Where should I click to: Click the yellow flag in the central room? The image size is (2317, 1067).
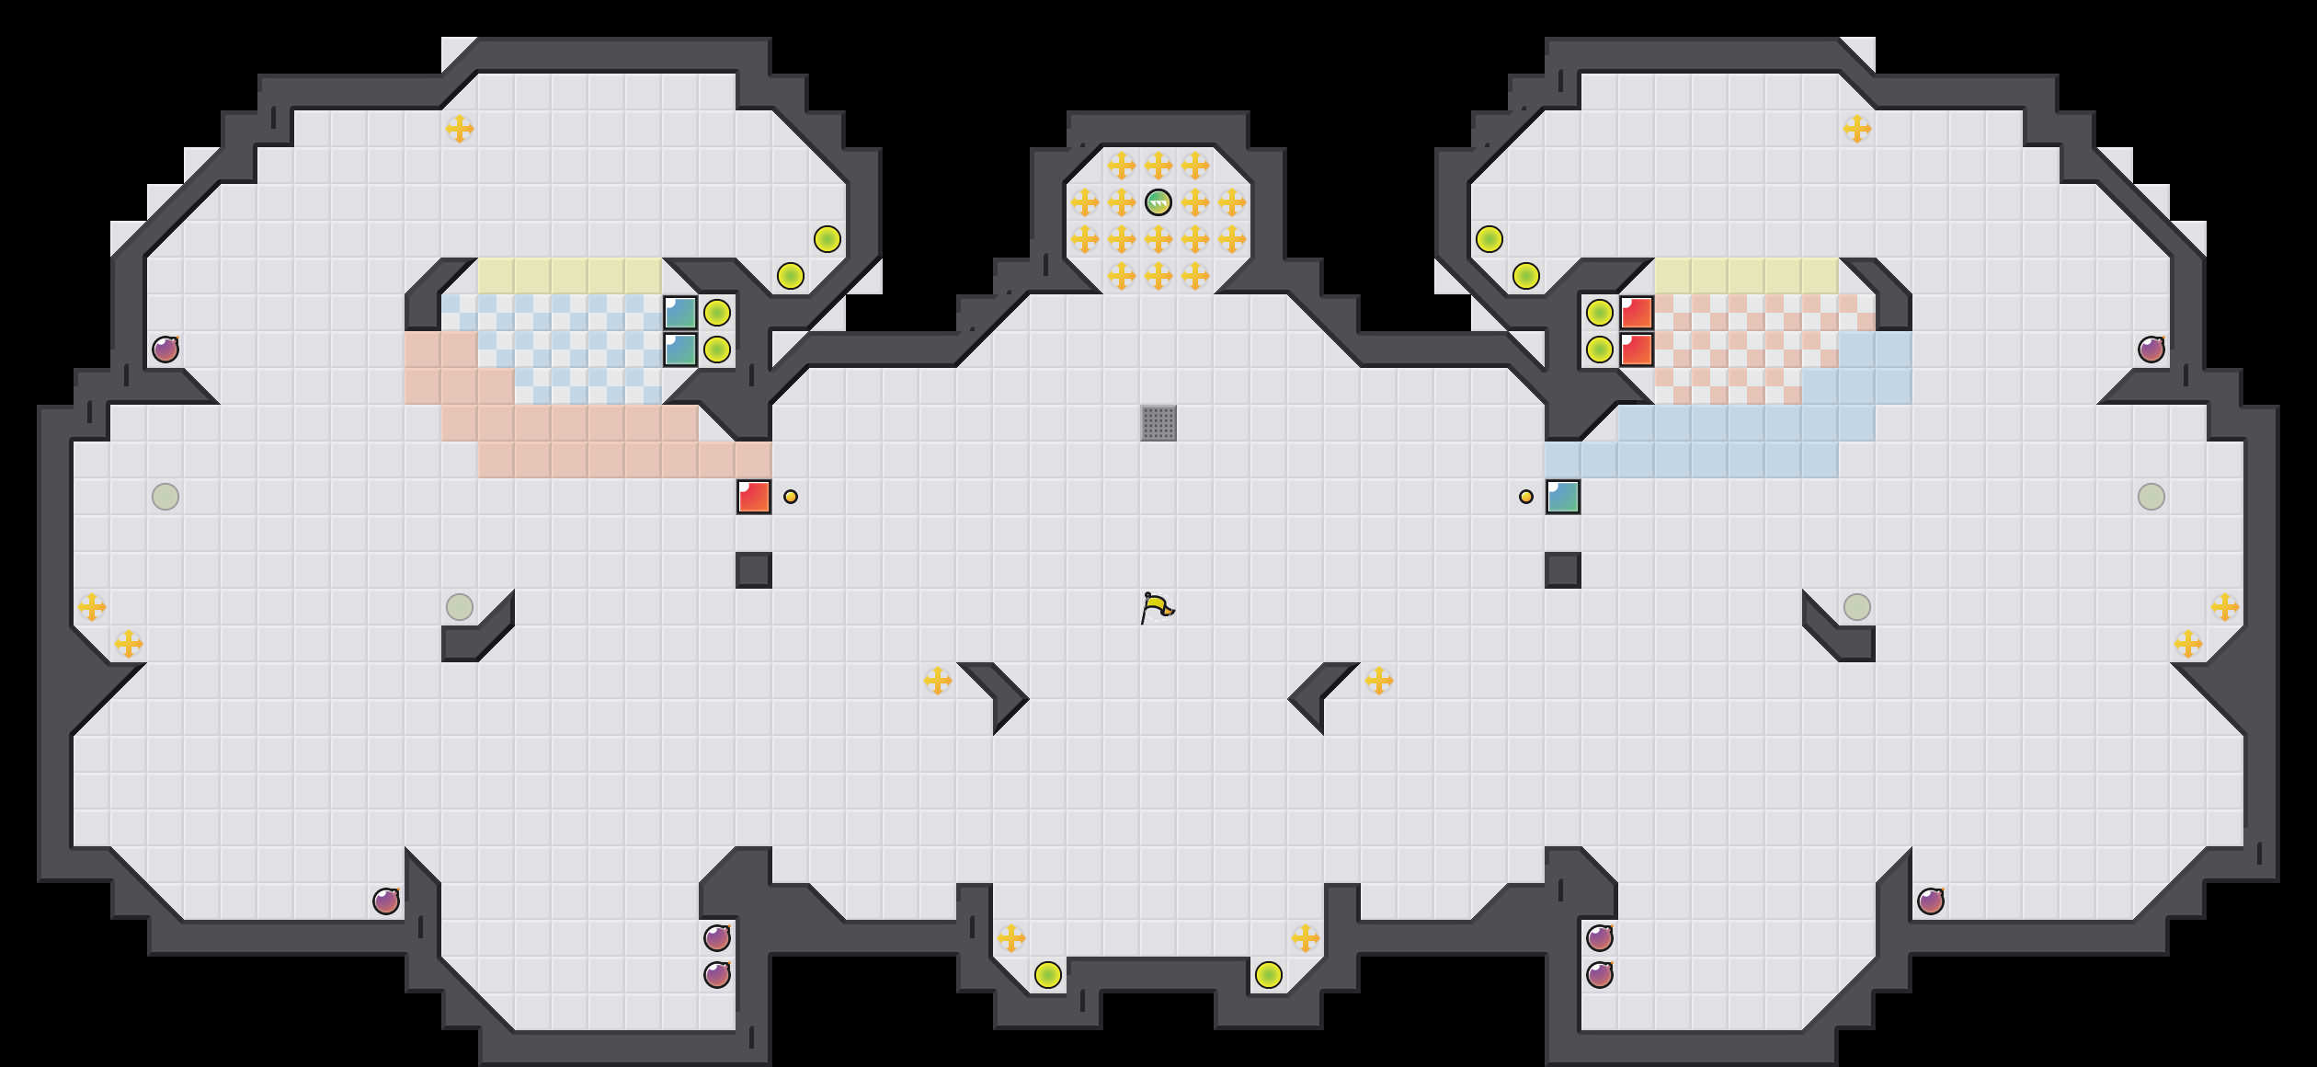click(x=1157, y=607)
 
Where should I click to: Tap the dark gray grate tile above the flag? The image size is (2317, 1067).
click(x=1158, y=423)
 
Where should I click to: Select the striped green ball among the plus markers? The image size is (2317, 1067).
click(x=1158, y=202)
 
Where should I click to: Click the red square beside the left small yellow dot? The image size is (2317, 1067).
click(x=754, y=497)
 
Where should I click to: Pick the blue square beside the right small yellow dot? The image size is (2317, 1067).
click(x=1563, y=497)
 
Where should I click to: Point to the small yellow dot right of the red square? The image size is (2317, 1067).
click(x=791, y=497)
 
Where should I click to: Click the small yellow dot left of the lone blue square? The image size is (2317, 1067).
click(x=1526, y=497)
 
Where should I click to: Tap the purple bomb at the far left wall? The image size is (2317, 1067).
click(x=165, y=350)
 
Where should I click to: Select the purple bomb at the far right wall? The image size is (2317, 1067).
click(x=2151, y=350)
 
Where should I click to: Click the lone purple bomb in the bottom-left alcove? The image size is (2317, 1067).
click(x=386, y=901)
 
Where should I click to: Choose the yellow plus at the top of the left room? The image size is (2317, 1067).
click(x=460, y=129)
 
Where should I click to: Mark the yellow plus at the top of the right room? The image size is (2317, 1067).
click(x=1857, y=129)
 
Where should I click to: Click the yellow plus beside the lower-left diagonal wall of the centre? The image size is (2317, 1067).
click(x=938, y=681)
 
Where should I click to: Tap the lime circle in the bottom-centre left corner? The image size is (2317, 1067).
click(x=1048, y=975)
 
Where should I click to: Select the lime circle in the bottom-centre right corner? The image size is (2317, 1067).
click(x=1269, y=975)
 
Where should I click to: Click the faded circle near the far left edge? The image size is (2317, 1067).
click(x=165, y=497)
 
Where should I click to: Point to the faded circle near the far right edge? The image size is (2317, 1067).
click(x=2151, y=497)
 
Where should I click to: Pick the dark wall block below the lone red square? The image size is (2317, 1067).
click(x=754, y=570)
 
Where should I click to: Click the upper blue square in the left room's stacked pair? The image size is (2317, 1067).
click(x=680, y=313)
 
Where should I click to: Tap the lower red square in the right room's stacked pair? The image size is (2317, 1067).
click(x=1637, y=350)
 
